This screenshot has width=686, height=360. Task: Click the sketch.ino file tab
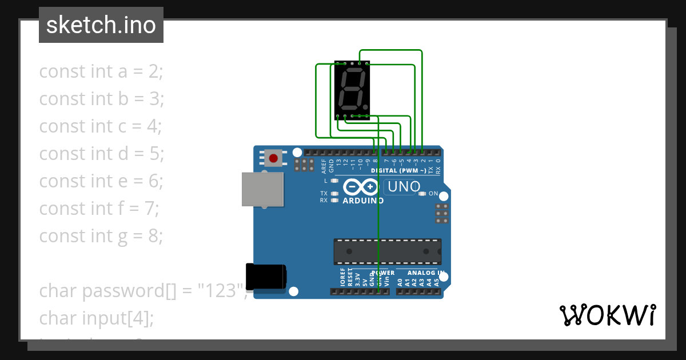pos(101,25)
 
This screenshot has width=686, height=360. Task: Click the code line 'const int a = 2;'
pos(101,71)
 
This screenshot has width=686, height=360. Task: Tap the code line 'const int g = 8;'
pos(101,236)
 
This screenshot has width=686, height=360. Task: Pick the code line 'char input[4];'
pos(97,318)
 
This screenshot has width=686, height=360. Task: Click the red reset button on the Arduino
pos(273,158)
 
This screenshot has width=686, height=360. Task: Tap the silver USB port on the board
pos(262,189)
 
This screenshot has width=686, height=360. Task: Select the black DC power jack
pos(265,277)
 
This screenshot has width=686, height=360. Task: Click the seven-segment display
pos(352,90)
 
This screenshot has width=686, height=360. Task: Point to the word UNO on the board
pos(404,186)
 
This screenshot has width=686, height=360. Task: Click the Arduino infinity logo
pos(361,187)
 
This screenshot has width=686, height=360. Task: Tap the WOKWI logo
pos(607,315)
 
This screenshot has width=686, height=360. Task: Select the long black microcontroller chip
pos(387,251)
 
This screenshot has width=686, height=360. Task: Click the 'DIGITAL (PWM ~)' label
pos(398,171)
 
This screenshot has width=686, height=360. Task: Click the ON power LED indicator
pos(422,194)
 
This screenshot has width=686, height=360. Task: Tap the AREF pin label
pos(324,166)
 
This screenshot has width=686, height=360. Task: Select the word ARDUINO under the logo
pos(363,201)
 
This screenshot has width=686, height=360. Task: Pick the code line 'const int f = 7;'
pos(99,209)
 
